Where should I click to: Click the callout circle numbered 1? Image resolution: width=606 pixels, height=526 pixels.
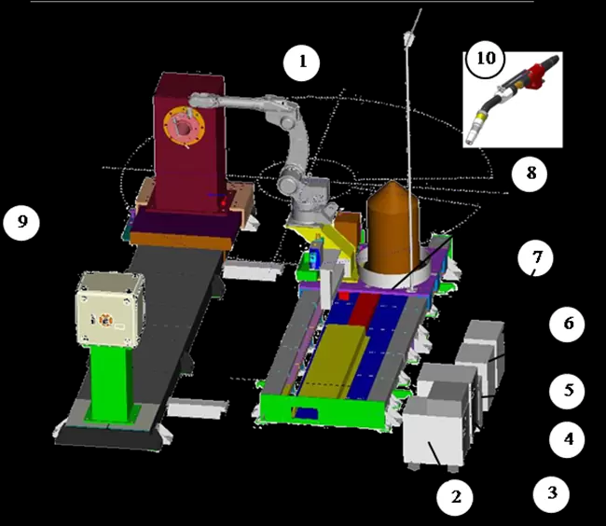301,62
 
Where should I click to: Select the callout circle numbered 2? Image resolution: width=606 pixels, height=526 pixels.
455,497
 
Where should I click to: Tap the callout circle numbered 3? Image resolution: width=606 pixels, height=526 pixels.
552,493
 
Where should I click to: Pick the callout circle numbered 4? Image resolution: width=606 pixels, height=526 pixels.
568,439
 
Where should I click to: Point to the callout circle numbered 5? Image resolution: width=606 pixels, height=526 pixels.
568,391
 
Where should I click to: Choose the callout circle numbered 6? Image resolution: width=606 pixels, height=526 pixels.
568,324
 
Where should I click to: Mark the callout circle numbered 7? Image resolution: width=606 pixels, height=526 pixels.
536,257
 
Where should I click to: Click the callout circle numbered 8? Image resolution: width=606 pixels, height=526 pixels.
530,173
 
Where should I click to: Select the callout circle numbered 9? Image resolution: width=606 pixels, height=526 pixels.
21,222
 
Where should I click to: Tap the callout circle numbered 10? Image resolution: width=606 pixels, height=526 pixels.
486,59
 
